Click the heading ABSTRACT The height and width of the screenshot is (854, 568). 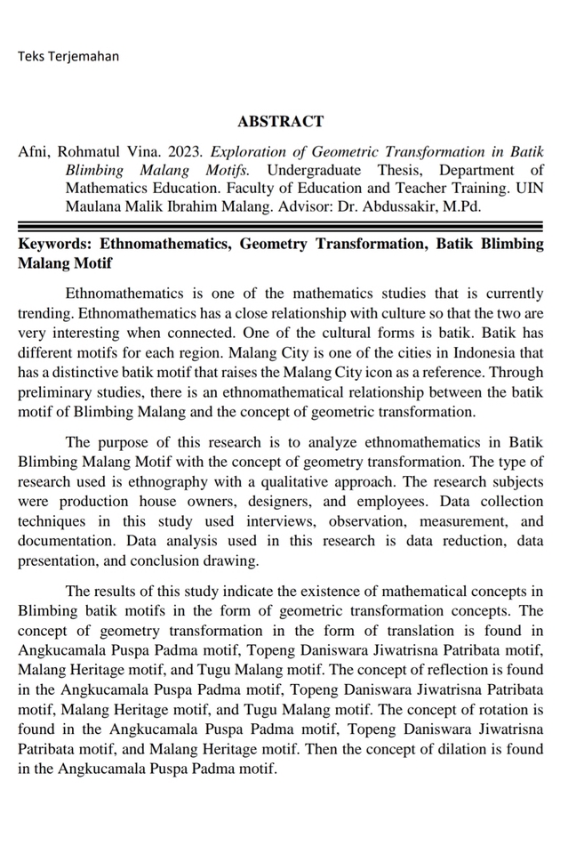280,122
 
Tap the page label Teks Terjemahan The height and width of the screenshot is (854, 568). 68,56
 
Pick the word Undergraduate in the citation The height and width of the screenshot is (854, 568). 314,170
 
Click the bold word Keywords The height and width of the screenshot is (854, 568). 53,245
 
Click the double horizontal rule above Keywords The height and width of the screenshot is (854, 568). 280,227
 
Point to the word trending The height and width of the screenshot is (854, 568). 44,312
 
